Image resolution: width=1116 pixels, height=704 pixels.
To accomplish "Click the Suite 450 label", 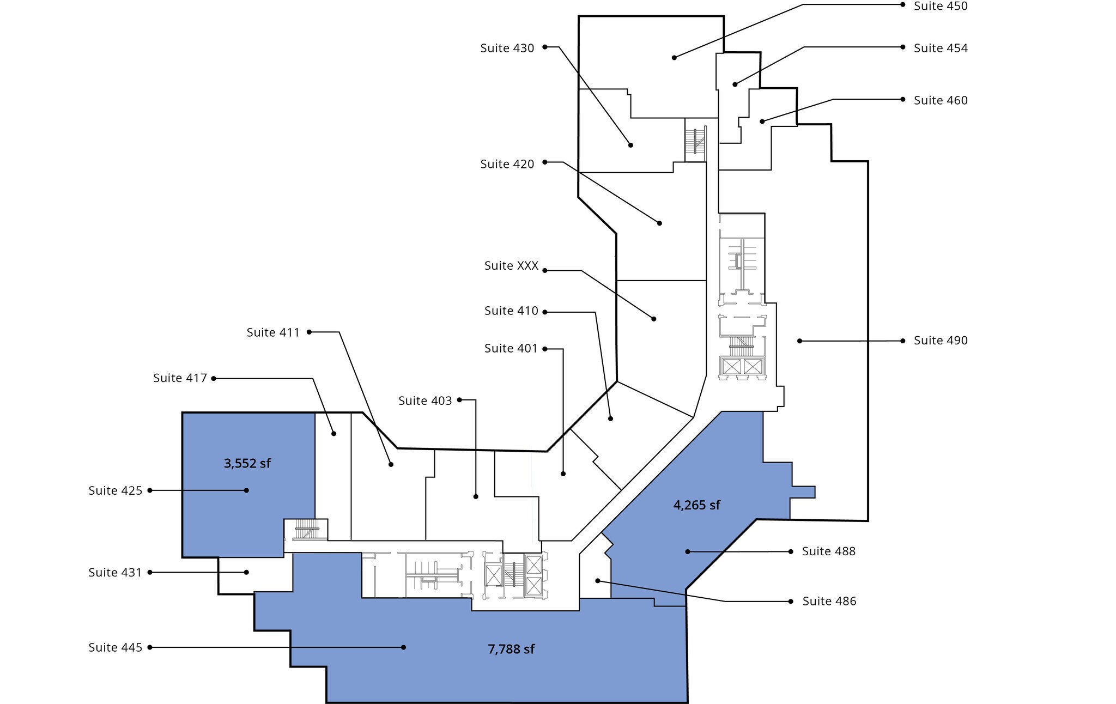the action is (941, 6).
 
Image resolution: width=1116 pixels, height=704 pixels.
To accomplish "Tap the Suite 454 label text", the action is (941, 48).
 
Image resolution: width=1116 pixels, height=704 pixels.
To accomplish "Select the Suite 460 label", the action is (941, 100).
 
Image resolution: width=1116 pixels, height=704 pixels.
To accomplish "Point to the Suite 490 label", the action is (941, 341).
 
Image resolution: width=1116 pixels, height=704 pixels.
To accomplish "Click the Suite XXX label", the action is (511, 266).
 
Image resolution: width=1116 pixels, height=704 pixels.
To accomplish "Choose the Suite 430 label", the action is (507, 48).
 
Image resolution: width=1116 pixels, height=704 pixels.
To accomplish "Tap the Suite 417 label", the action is (180, 378).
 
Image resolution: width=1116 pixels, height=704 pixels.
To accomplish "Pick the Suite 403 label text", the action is (425, 401).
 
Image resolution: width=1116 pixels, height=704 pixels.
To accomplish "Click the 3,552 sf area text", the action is (247, 464).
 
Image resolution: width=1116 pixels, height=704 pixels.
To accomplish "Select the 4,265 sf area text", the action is (697, 506).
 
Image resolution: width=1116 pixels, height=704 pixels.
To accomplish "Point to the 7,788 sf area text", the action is (511, 650).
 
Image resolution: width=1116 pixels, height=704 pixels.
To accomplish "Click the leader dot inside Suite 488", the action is (688, 552).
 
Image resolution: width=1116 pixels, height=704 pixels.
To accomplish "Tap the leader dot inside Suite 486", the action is (598, 581).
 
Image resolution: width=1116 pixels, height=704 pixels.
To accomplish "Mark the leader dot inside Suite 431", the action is (246, 572).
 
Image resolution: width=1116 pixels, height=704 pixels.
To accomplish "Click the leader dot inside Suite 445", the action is (403, 647).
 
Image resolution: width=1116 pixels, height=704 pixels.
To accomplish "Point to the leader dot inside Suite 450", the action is (674, 58).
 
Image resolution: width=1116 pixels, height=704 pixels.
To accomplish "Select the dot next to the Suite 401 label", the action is (545, 349).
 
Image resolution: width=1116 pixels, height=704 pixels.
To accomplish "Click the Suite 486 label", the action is (829, 602).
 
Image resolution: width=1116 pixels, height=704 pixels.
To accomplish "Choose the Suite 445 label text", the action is (116, 648).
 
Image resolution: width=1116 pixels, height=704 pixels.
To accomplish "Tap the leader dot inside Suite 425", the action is (246, 490).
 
